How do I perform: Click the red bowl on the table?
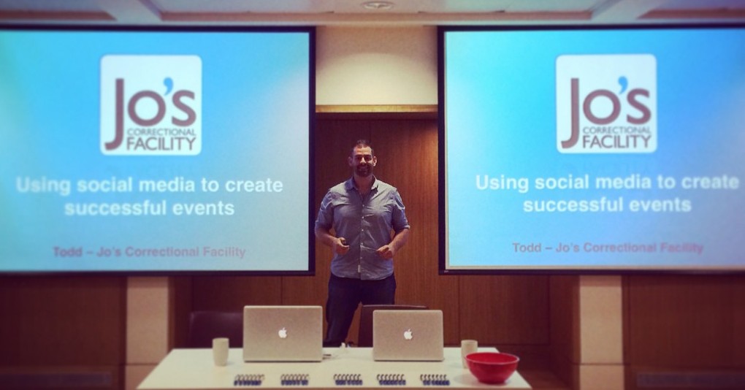pos(492,367)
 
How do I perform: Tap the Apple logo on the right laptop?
pos(408,334)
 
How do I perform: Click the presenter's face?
pos(363,159)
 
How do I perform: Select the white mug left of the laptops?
pos(221,351)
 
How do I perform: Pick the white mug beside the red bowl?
pos(468,352)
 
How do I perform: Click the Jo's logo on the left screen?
pos(151,104)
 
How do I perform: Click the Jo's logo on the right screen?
pos(605,103)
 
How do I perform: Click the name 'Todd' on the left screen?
pos(68,252)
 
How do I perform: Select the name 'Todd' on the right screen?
pos(527,248)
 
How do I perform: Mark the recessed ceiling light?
pos(377,5)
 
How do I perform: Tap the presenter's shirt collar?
pos(363,183)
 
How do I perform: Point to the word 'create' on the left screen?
pos(251,185)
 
